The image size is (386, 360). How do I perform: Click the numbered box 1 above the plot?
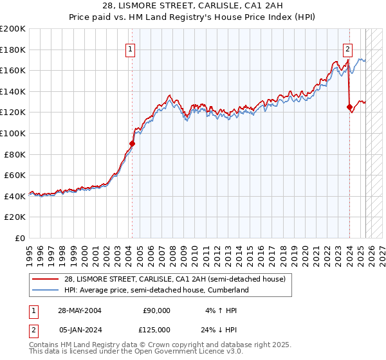[131, 49]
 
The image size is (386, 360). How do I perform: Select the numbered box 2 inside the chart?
[347, 49]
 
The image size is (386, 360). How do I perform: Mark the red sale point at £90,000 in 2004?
[132, 144]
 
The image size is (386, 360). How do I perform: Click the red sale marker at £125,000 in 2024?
[349, 107]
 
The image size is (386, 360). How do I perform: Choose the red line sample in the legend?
[46, 278]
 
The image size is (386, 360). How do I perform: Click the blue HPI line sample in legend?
[46, 291]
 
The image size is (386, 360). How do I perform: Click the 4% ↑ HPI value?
[220, 310]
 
